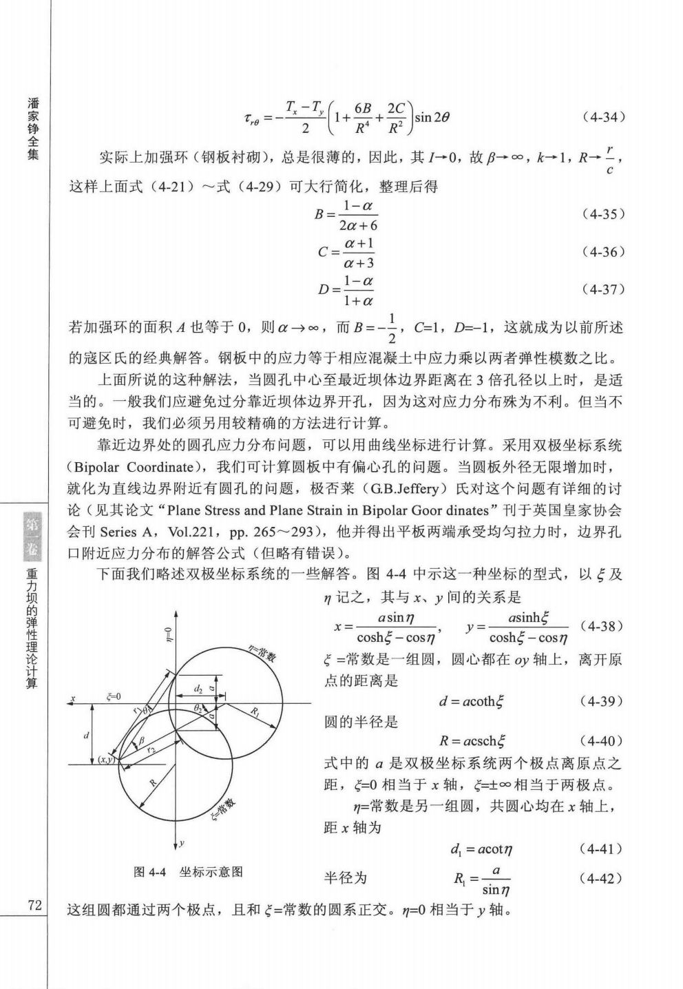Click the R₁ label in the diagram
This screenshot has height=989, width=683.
coord(256,711)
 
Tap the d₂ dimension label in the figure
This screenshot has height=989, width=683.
coord(198,688)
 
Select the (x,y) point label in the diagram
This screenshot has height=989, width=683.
coord(106,759)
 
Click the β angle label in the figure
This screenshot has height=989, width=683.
coord(141,740)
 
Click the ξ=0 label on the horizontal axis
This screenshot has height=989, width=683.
coord(114,697)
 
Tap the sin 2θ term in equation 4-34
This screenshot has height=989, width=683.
coord(432,117)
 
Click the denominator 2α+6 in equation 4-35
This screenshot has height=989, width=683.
coord(358,225)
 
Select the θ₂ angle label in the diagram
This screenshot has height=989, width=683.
coord(198,707)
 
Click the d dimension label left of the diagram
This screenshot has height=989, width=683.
coord(86,736)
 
